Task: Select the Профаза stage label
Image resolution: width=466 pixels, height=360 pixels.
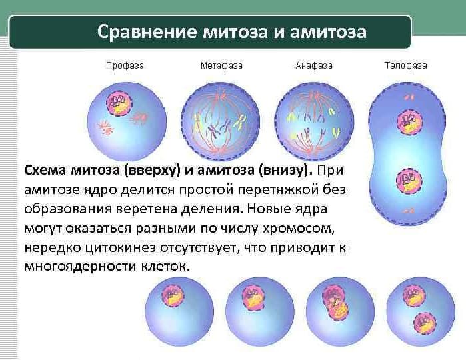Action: [125, 66]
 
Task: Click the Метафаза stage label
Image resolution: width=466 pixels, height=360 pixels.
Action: [221, 66]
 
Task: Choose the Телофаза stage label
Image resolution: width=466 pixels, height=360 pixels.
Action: [406, 66]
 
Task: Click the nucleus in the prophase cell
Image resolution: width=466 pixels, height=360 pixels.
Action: [119, 104]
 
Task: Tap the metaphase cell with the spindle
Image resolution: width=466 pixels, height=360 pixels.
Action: [220, 120]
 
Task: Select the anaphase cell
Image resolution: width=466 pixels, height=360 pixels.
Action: [313, 120]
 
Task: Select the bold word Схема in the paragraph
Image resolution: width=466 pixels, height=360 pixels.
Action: [45, 169]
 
